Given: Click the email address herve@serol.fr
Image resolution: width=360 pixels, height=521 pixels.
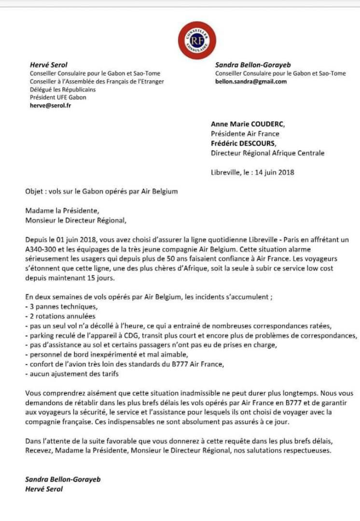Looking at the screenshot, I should (50, 105).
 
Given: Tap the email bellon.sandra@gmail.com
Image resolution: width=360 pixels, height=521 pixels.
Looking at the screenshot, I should (251, 82).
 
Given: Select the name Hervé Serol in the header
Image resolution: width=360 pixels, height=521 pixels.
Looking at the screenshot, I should (49, 65).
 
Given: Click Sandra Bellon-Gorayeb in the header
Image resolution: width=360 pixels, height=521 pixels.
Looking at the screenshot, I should (253, 65).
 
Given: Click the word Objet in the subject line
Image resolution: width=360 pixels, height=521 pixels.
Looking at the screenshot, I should (35, 191).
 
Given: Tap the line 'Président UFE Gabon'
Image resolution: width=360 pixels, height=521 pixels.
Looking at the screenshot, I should (58, 97).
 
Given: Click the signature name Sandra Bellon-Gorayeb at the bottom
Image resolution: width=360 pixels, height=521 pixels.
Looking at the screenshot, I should (63, 480).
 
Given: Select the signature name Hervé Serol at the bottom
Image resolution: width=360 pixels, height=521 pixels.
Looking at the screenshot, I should (44, 489).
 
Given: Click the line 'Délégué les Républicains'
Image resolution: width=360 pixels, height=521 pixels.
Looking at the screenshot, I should (63, 89).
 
